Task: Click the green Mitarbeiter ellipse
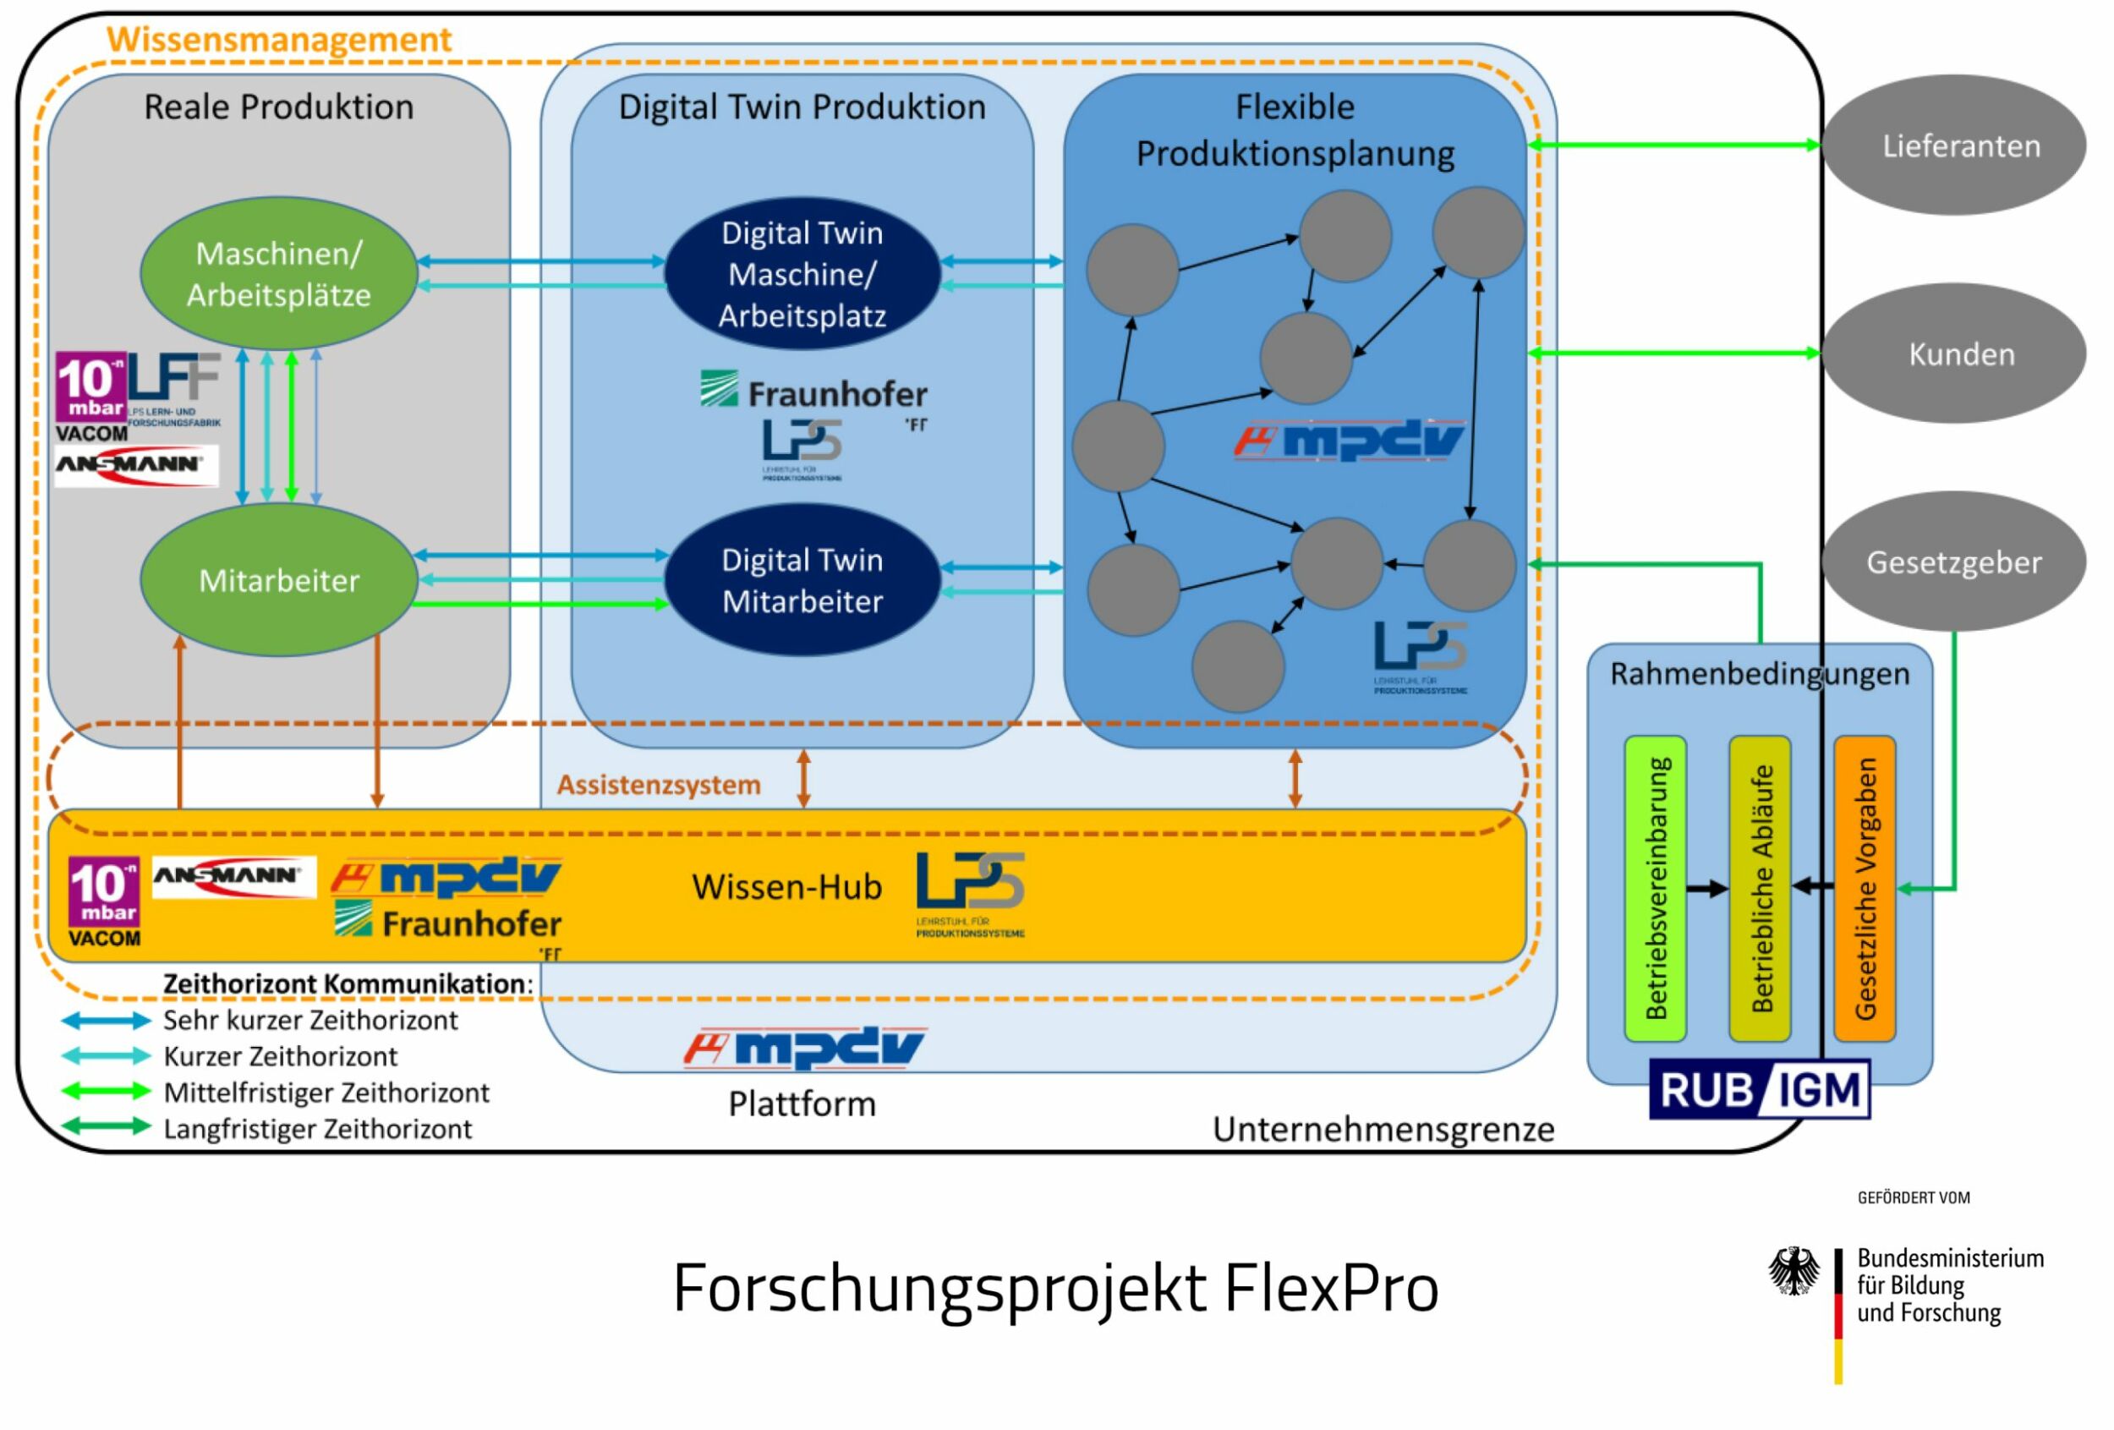point(278,579)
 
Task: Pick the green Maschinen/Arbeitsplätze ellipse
point(278,273)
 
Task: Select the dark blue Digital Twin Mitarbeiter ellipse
point(802,579)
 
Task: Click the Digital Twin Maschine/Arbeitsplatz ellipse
point(802,273)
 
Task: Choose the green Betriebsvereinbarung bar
point(1655,888)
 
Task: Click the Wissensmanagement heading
point(278,39)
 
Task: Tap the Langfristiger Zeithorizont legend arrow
point(106,1126)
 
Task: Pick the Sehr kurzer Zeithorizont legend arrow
point(106,1020)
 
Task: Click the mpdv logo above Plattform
point(804,1048)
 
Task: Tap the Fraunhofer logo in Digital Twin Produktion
point(813,392)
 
